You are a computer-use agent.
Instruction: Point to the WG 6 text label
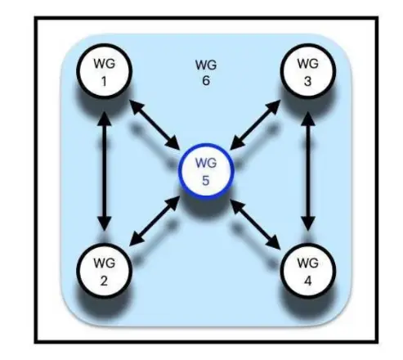click(206, 73)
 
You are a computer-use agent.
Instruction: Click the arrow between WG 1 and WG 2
click(105, 171)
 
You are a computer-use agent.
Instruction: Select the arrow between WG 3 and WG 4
click(308, 171)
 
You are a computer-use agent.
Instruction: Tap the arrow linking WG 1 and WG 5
click(154, 125)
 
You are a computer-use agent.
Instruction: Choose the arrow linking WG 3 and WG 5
click(255, 125)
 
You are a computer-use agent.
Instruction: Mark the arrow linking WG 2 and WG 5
click(154, 221)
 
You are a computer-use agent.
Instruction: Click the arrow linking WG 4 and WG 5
click(255, 224)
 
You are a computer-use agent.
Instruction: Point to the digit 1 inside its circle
click(104, 81)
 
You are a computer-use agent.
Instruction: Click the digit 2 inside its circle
click(104, 281)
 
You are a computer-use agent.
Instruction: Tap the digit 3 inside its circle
click(307, 81)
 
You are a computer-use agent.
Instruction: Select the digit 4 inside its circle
click(307, 281)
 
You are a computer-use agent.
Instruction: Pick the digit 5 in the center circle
click(206, 181)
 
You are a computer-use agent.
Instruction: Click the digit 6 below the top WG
click(206, 81)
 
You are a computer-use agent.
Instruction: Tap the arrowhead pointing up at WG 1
click(105, 119)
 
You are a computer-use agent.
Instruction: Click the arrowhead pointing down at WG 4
click(308, 224)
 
